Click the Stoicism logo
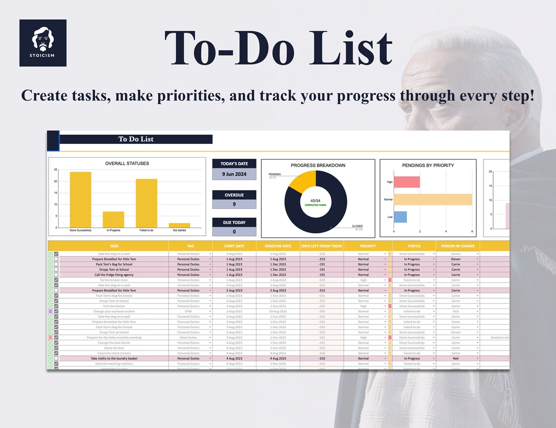pyautogui.click(x=43, y=43)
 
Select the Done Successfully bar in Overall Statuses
pyautogui.click(x=80, y=200)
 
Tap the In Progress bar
pyautogui.click(x=114, y=219)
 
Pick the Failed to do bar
pyautogui.click(x=146, y=203)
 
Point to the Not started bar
pyautogui.click(x=179, y=225)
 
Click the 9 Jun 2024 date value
pyautogui.click(x=234, y=174)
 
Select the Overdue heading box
pyautogui.click(x=234, y=195)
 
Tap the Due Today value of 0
pyautogui.click(x=234, y=232)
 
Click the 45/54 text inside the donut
pyautogui.click(x=316, y=200)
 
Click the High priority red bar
pyautogui.click(x=406, y=182)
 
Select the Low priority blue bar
pyautogui.click(x=400, y=217)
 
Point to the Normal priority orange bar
pyautogui.click(x=433, y=200)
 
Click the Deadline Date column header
pyautogui.click(x=278, y=246)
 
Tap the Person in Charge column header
pyautogui.click(x=457, y=246)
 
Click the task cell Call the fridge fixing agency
pyautogui.click(x=114, y=275)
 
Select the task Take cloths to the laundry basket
pyautogui.click(x=114, y=358)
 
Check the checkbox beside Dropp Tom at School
pyautogui.click(x=56, y=269)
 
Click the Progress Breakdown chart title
pyautogui.click(x=318, y=165)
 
